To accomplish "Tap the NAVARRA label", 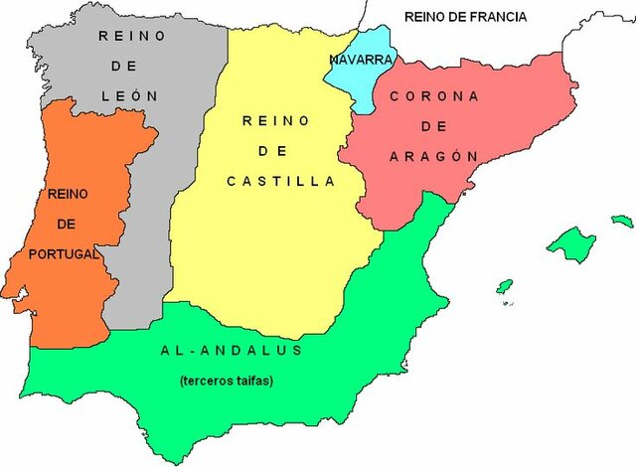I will (x=359, y=60).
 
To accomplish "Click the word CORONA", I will (x=434, y=96).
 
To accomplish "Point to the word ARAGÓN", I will (x=434, y=156).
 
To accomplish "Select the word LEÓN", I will (x=130, y=95).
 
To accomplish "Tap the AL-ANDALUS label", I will (x=231, y=351).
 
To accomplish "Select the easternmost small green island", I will (x=622, y=221).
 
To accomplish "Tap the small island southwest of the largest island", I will (x=505, y=287).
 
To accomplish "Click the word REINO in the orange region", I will (x=63, y=194).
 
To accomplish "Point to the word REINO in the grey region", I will (x=129, y=36).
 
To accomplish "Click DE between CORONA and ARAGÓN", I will (x=433, y=126).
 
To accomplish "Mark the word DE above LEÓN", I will (x=129, y=66).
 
